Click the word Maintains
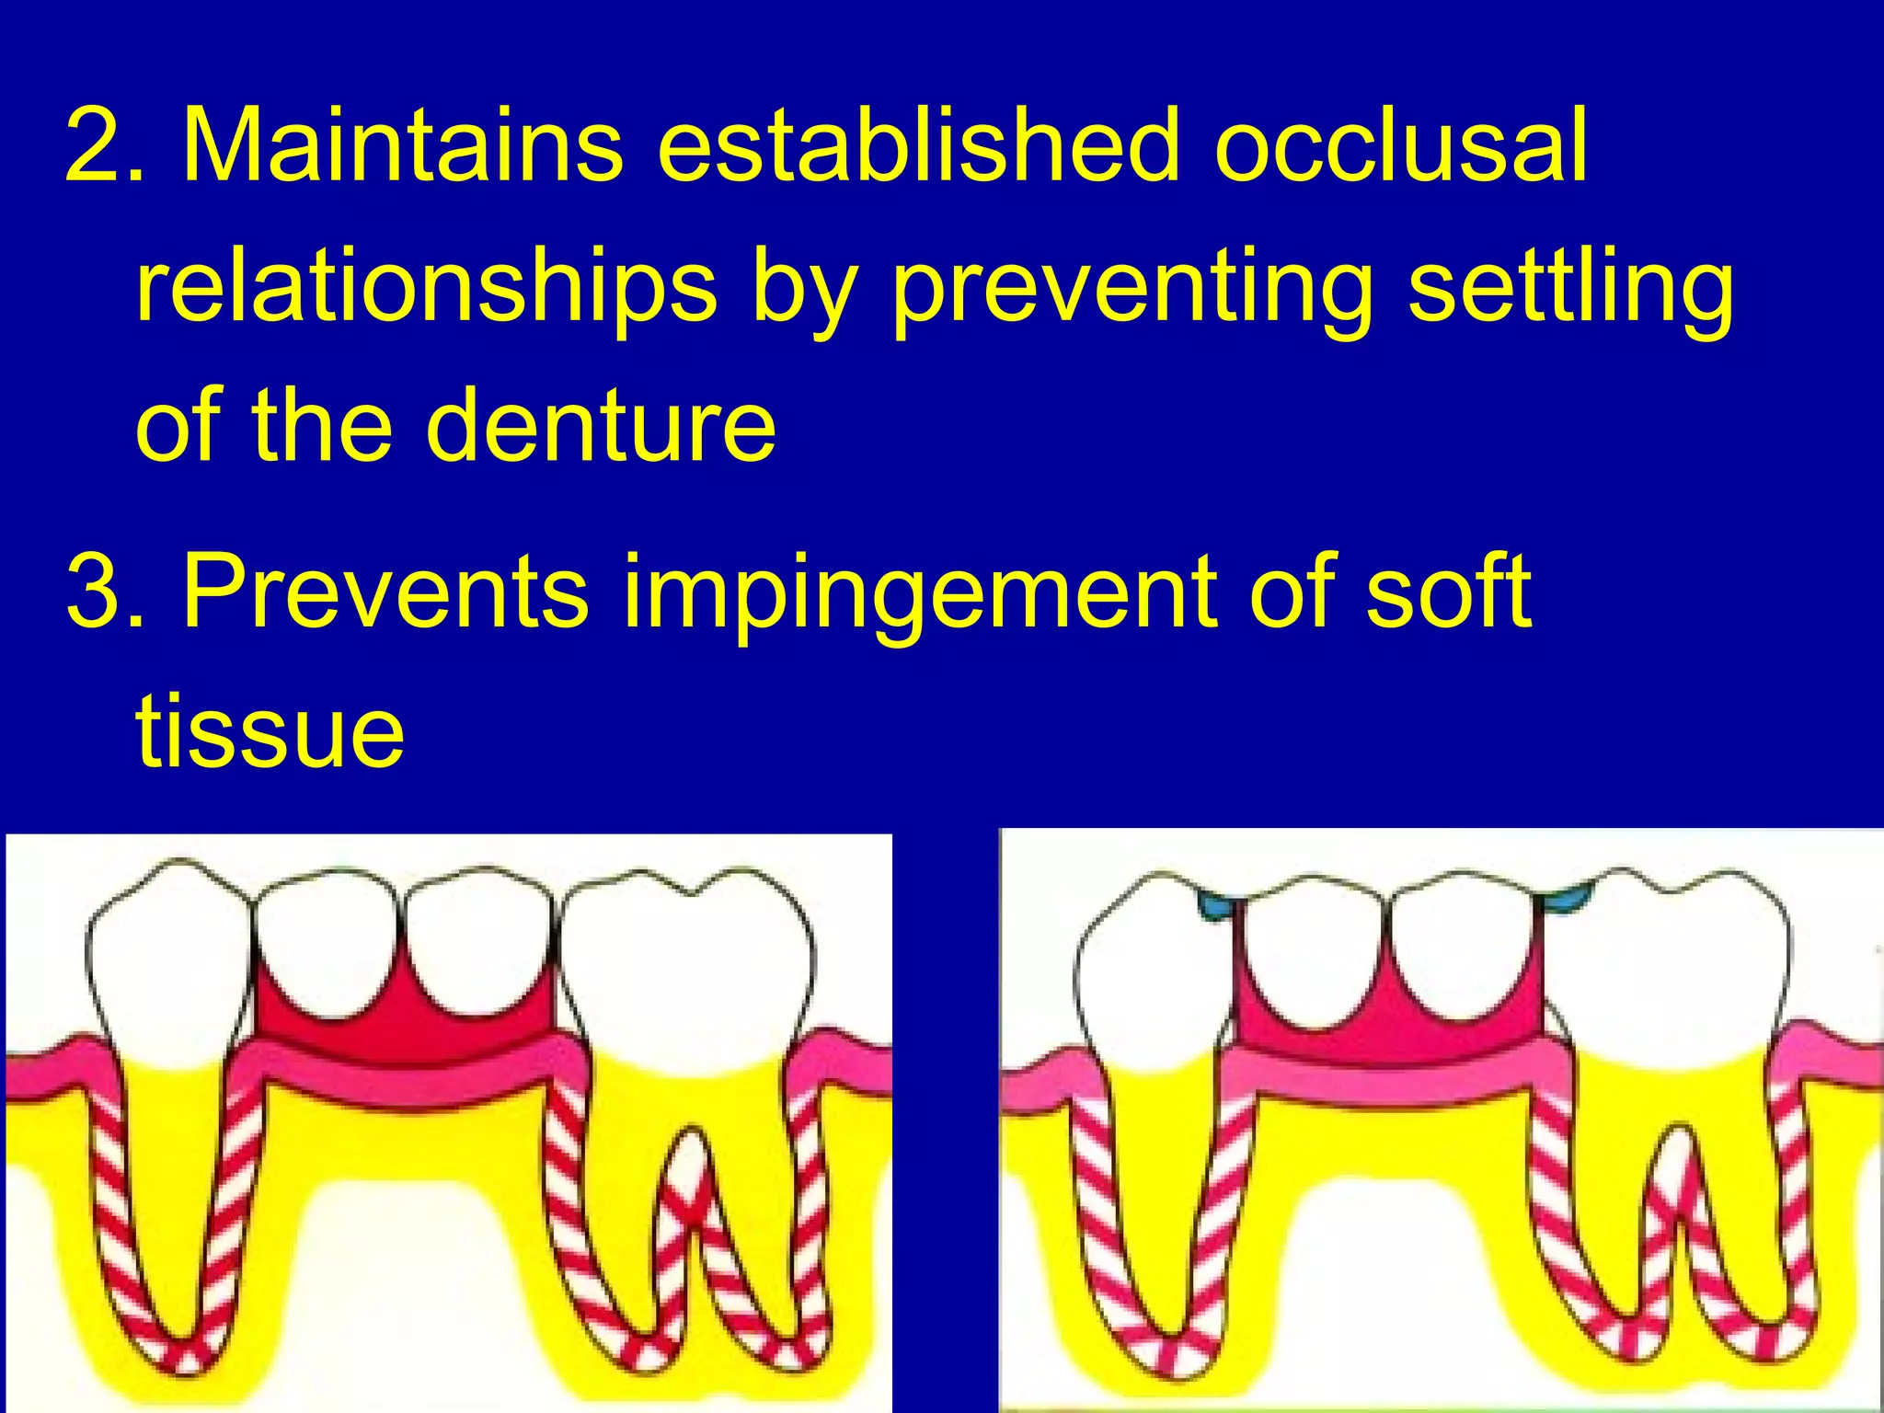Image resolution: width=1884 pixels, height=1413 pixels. tap(403, 145)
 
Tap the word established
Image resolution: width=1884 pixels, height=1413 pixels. tap(918, 145)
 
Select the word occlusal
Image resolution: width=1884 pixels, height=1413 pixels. tap(1400, 145)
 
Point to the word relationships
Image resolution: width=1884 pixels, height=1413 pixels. tap(425, 287)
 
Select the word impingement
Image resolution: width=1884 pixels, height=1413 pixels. tap(920, 593)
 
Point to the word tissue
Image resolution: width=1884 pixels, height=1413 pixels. tap(269, 731)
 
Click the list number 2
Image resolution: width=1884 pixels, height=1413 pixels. tap(101, 145)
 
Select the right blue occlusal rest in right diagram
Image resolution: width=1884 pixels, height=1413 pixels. tap(1568, 897)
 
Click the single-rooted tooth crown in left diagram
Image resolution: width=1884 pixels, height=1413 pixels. tap(170, 957)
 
